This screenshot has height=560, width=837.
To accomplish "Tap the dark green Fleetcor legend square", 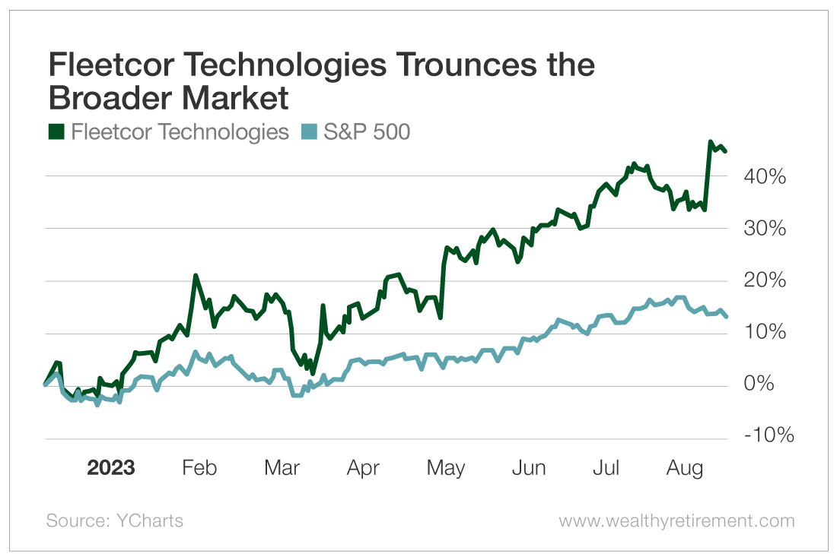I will pyautogui.click(x=56, y=132).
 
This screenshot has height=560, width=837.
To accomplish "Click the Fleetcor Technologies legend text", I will pyautogui.click(x=180, y=132).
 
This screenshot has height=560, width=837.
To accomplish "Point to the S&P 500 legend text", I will pyautogui.click(x=367, y=132).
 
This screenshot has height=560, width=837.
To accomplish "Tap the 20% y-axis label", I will pyautogui.click(x=763, y=281).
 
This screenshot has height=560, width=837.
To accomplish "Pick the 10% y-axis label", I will pyautogui.click(x=763, y=334).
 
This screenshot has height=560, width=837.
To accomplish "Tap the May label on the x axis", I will pyautogui.click(x=445, y=467).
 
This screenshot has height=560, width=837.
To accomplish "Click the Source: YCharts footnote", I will pyautogui.click(x=114, y=521).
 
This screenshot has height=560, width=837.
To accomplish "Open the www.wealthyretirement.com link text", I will pyautogui.click(x=676, y=521).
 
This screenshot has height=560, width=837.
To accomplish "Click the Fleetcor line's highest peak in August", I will pyautogui.click(x=711, y=142).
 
